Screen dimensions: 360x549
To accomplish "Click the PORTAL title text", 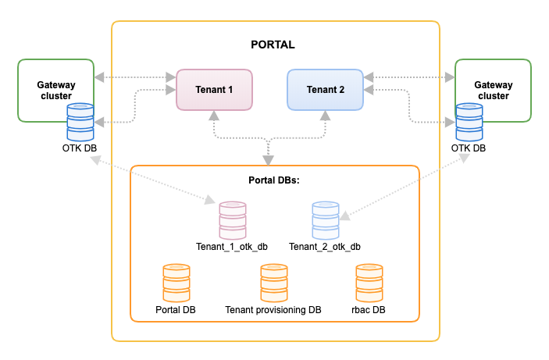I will (x=273, y=45).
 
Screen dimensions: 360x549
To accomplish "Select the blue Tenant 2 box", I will (x=325, y=89).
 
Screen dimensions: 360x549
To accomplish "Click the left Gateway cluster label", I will (x=55, y=90).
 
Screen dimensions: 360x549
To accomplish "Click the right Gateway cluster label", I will (x=493, y=90).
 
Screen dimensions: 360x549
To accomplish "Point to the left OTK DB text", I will (x=80, y=148).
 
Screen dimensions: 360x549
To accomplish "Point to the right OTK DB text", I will (x=469, y=148).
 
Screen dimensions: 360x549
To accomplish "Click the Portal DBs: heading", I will (x=274, y=180).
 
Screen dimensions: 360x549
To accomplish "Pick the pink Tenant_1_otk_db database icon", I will (x=233, y=220).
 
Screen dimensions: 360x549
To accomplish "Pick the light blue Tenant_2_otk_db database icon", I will (x=325, y=220).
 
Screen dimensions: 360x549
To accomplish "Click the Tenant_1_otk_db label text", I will (x=233, y=247).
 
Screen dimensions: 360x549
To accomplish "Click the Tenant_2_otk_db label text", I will (x=325, y=247).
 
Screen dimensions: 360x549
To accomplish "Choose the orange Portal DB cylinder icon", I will (x=176, y=283).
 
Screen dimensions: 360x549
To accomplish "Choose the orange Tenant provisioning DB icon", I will (x=273, y=283).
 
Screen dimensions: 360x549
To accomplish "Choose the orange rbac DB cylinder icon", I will (x=369, y=283).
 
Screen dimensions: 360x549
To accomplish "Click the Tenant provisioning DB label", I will (x=273, y=310).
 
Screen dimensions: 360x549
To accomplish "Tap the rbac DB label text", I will (x=369, y=310).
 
